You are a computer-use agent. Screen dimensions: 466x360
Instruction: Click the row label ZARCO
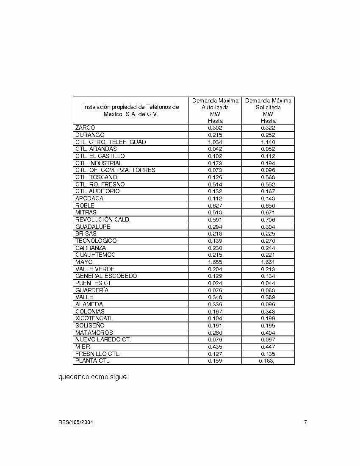point(85,128)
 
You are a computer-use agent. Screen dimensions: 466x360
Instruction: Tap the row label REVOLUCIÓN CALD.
point(103,219)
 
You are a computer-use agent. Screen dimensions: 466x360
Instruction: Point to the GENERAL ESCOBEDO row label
point(106,276)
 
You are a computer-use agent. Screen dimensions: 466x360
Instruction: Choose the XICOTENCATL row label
point(94,318)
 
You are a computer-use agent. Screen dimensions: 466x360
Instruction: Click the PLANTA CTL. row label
point(93,361)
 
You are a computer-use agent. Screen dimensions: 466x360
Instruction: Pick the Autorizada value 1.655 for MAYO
point(215,262)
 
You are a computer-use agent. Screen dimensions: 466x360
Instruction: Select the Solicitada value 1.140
point(268,142)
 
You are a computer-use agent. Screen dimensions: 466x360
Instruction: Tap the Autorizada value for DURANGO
point(215,135)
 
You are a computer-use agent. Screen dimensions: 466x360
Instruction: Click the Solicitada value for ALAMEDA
point(268,304)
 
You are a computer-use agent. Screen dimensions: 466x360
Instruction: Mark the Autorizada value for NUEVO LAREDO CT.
point(215,339)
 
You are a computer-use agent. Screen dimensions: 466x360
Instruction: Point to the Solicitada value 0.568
point(268,177)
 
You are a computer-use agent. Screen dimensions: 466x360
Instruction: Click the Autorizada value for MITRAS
point(215,212)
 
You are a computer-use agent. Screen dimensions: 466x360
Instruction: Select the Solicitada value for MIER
point(268,347)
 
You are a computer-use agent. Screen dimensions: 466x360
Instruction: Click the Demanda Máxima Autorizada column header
point(215,111)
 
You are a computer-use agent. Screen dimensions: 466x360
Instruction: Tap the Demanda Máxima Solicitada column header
point(268,111)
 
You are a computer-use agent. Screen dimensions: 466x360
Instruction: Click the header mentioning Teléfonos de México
point(131,111)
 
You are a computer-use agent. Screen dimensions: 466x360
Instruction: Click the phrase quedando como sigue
point(93,377)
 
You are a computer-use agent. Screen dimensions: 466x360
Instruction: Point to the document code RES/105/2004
point(76,422)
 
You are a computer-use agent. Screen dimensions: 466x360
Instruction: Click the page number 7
point(305,422)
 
